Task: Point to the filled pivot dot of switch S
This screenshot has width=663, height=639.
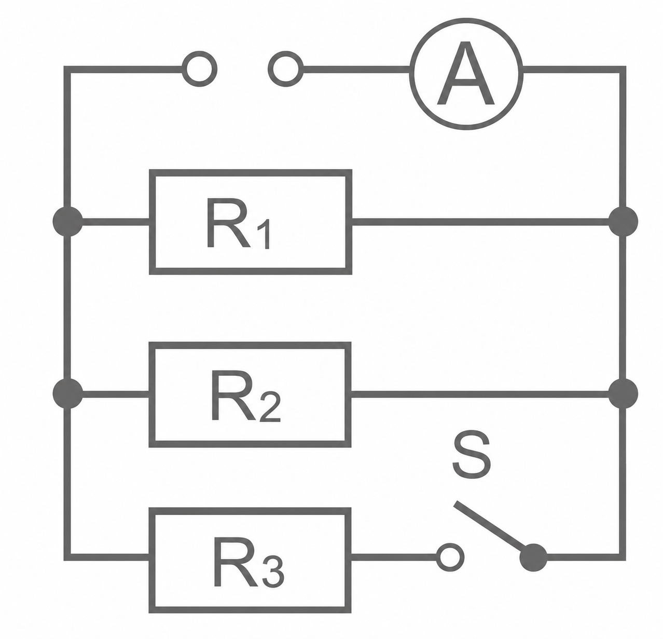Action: (533, 558)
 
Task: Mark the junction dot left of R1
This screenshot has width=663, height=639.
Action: (68, 221)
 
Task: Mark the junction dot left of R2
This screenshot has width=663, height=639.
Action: (68, 394)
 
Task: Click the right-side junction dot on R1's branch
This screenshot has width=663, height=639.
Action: (623, 221)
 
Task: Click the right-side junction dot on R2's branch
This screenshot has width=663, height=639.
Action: (623, 394)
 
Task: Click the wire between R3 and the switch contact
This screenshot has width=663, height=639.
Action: (394, 558)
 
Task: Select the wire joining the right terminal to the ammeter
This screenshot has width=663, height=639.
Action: (356, 69)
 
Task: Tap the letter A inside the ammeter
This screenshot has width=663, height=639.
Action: (466, 73)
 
